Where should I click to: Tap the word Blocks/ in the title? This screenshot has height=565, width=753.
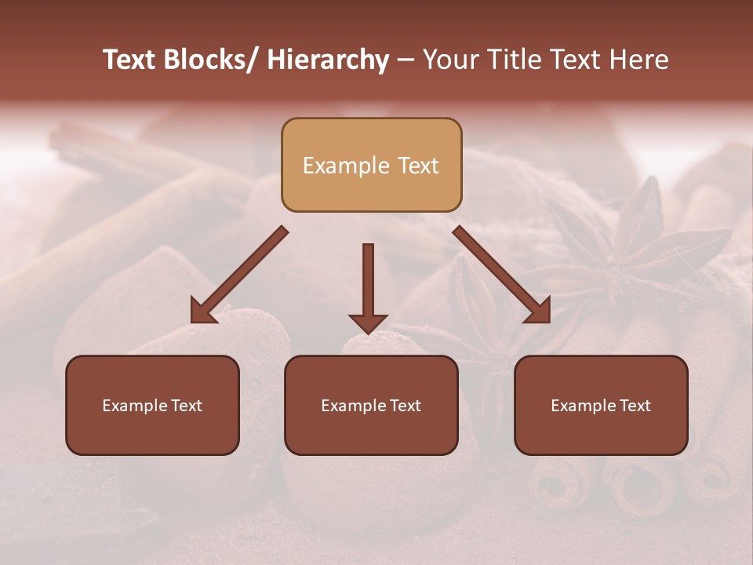[x=208, y=60]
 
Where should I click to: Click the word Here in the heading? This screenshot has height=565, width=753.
[x=638, y=60]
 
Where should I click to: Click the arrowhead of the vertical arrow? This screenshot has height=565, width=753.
[x=368, y=323]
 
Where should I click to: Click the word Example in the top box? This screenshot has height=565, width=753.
[x=346, y=166]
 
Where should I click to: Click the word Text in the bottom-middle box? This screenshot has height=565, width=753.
[x=404, y=406]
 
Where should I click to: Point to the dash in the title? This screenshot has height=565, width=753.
[x=406, y=60]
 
